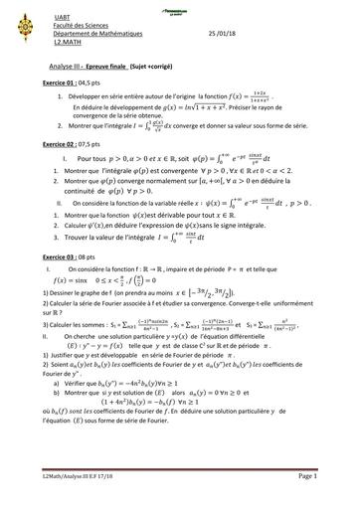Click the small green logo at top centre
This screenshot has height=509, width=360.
(179, 6)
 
